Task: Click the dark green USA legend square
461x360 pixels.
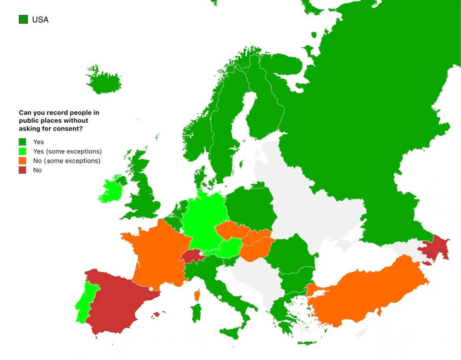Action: point(23,19)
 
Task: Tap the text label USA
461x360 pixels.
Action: point(40,20)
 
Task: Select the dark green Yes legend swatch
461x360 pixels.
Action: point(23,142)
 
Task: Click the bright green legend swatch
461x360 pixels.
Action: point(23,151)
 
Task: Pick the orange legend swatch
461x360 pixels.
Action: point(23,161)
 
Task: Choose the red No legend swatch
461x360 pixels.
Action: point(23,170)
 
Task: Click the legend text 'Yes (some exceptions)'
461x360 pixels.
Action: point(67,151)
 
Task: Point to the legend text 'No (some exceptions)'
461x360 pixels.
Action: point(66,161)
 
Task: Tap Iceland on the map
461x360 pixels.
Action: point(104,81)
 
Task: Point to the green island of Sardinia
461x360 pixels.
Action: point(196,313)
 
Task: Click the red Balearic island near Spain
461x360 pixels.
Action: point(158,315)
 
